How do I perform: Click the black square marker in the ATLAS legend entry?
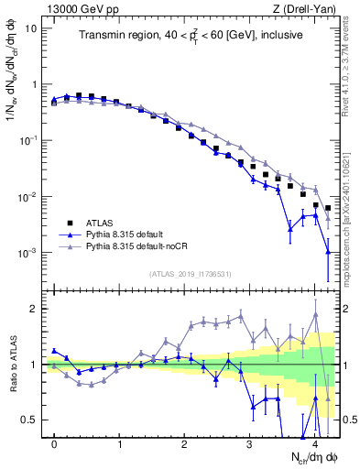(70, 222)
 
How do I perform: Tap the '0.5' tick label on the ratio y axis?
(29, 420)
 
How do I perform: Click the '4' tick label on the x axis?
(314, 444)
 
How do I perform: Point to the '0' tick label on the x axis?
(55, 444)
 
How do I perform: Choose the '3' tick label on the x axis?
(249, 444)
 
